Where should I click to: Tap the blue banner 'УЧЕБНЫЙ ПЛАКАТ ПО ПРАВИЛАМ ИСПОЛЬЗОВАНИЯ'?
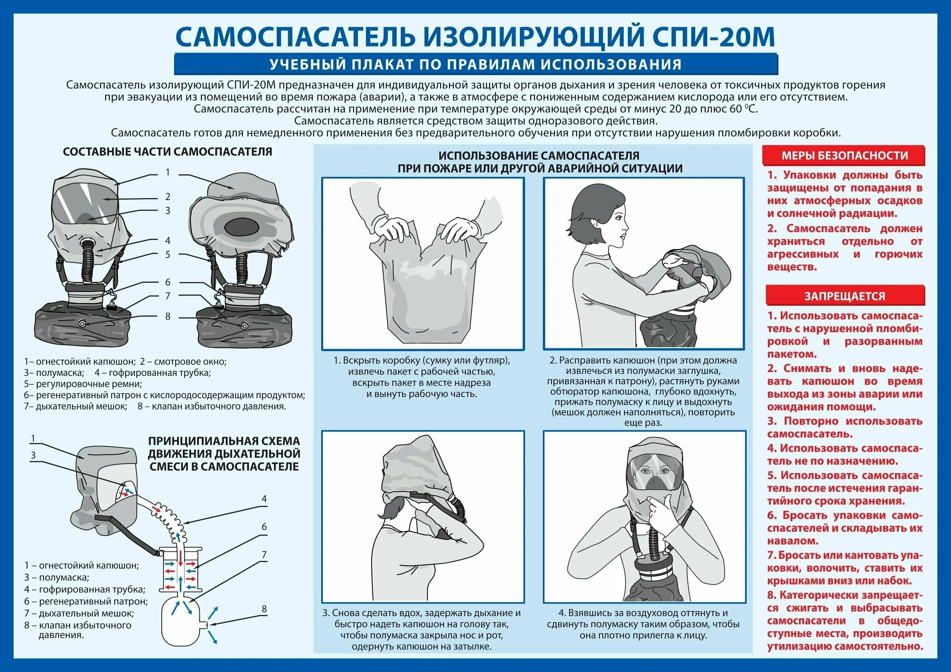coord(475,65)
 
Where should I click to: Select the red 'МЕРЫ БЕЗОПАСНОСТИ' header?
coord(844,156)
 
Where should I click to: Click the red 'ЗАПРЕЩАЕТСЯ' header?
coord(844,296)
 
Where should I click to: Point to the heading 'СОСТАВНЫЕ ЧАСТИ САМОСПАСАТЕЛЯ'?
coord(168,152)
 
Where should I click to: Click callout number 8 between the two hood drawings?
coord(168,316)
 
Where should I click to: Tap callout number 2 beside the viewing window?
coord(168,196)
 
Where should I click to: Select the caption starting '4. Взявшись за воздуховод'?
coord(643,624)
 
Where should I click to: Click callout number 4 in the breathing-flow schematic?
coord(264,499)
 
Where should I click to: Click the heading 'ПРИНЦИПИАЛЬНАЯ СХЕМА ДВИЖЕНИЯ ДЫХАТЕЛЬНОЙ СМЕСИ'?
coord(224,454)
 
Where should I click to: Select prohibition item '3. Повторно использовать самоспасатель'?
coord(844,427)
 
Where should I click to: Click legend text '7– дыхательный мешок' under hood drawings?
coord(76,406)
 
